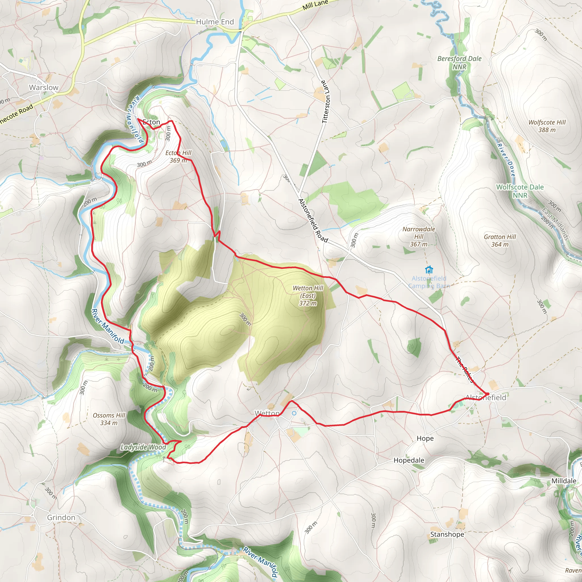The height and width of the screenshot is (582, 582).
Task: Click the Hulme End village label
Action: click(215, 22)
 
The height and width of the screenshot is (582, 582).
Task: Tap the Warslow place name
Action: click(44, 87)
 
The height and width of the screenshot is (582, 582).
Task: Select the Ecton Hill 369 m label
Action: click(178, 157)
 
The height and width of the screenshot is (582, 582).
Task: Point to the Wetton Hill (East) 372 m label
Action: click(308, 296)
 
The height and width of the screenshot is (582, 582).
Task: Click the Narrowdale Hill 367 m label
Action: click(419, 236)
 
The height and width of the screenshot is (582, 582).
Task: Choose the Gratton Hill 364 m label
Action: click(500, 240)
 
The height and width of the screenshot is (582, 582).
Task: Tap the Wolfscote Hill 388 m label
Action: click(547, 126)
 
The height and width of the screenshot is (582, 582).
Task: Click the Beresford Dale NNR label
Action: click(460, 62)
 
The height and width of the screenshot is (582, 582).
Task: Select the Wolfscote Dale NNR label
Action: click(520, 191)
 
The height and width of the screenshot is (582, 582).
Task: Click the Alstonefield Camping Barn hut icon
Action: click(429, 269)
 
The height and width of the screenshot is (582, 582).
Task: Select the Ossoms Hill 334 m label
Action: click(109, 419)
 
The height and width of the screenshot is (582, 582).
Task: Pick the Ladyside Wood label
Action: click(143, 447)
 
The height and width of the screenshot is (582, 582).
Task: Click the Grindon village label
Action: click(61, 517)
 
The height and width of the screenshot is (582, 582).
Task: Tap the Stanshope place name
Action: click(447, 535)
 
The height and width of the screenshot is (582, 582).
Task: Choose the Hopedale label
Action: click(409, 460)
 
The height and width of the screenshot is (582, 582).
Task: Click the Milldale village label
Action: click(564, 481)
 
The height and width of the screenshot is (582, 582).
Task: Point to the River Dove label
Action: click(506, 160)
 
